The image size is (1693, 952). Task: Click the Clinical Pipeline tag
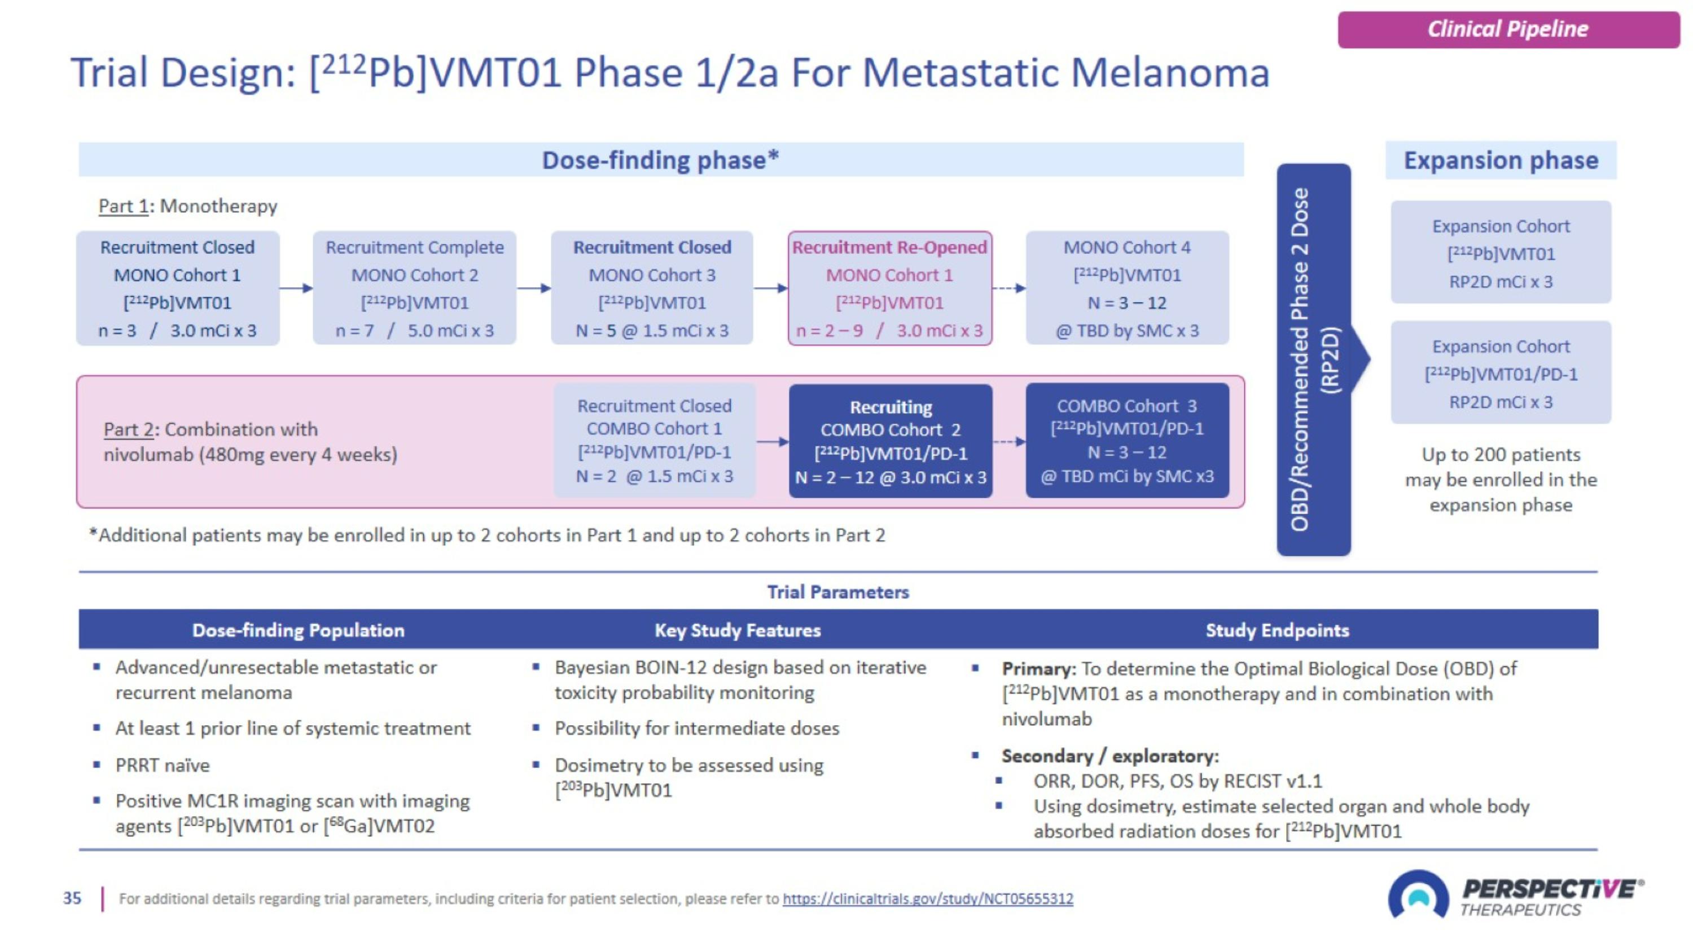[1508, 29]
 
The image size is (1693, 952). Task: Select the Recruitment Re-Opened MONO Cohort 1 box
[890, 288]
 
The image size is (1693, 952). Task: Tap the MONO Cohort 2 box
[415, 288]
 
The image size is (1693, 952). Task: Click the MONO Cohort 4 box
[1127, 288]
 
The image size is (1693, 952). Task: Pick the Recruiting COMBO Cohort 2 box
[891, 441]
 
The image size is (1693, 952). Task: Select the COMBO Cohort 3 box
[1127, 441]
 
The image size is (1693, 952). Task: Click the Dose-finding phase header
[660, 160]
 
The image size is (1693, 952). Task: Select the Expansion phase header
[1501, 160]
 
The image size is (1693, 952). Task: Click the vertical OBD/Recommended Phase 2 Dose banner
[1313, 359]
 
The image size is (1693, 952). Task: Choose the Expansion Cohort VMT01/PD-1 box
[1501, 373]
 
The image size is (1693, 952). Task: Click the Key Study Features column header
[738, 630]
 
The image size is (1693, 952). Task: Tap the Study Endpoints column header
[1277, 630]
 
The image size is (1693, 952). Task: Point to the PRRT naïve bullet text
[163, 765]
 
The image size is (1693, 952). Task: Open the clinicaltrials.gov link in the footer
[927, 899]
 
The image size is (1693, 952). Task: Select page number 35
[72, 898]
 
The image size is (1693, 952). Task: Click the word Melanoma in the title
[1170, 72]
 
